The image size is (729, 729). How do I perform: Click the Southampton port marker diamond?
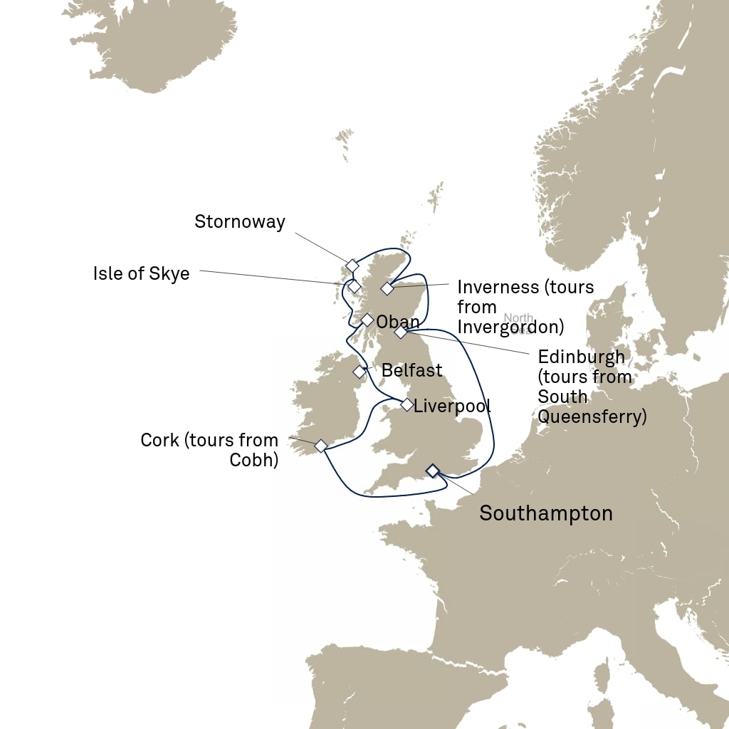point(432,470)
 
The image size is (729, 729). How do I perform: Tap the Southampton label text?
point(545,513)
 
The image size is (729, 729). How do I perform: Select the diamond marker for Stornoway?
point(352,266)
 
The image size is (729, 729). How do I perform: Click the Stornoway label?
point(239,221)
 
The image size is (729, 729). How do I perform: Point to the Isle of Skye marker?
point(354,287)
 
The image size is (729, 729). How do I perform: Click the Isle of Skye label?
point(141,273)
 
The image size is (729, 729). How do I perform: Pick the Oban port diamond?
point(367,320)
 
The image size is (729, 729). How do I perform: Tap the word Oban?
point(397,322)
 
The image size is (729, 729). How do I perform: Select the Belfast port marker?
point(360,372)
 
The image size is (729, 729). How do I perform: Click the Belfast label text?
point(411,370)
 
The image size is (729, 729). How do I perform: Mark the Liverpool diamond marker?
point(407,405)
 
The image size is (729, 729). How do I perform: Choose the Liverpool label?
point(451,407)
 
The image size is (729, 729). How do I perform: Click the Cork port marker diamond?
point(321,446)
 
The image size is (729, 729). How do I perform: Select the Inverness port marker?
point(387,288)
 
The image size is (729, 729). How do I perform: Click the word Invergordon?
point(510,327)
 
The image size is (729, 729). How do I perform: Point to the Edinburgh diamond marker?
point(401,332)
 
